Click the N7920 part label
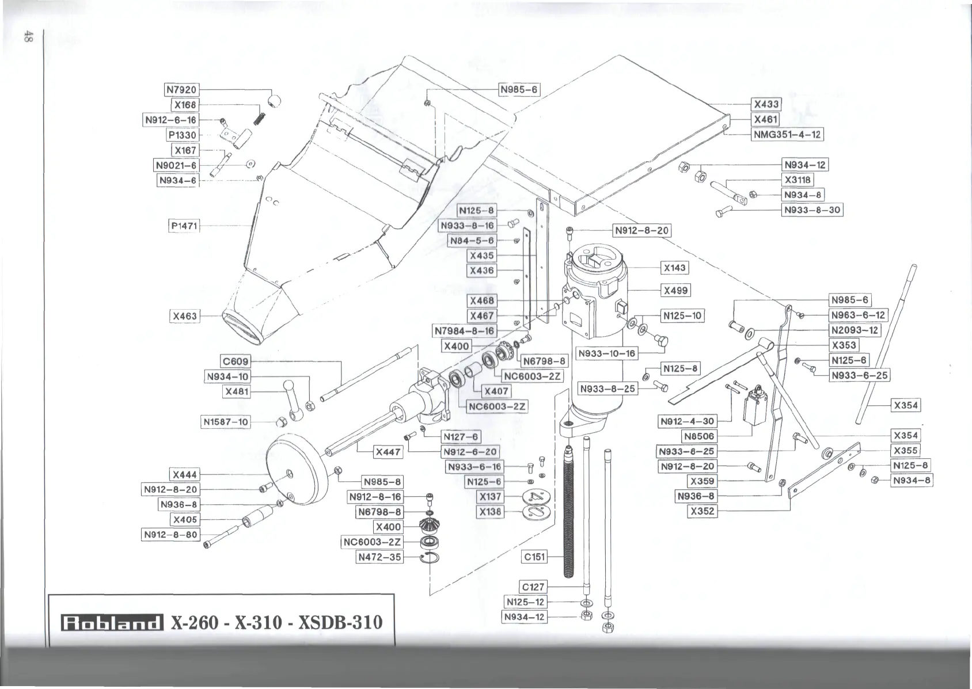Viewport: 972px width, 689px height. pos(181,90)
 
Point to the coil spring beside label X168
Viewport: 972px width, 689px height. pos(260,116)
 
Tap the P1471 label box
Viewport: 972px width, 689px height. pos(184,226)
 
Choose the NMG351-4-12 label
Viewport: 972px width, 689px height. pos(788,135)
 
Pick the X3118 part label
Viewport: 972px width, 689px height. pos(798,180)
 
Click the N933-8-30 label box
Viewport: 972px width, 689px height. pos(812,210)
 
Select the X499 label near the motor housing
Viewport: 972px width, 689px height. pos(675,290)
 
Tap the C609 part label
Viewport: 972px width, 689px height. pos(236,361)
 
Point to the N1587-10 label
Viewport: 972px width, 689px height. pos(226,422)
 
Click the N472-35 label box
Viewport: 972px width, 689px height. pos(379,557)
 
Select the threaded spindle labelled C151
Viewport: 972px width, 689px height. pos(568,507)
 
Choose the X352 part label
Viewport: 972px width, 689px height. pos(703,511)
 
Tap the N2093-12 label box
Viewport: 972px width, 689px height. pos(855,330)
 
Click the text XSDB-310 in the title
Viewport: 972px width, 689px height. pos(340,623)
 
